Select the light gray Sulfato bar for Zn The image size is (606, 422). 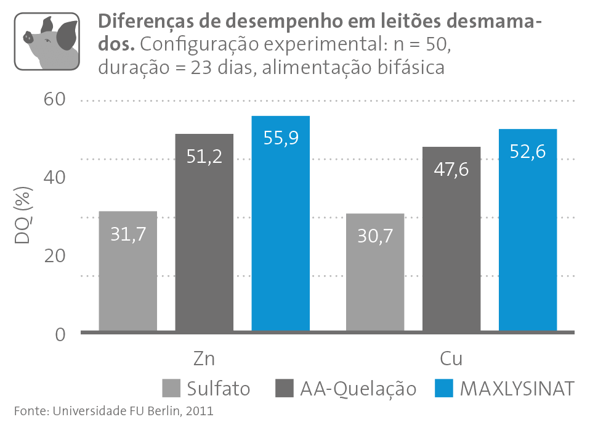(x=128, y=271)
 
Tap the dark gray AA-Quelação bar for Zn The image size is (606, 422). (x=204, y=234)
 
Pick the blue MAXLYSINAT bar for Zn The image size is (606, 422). (x=281, y=225)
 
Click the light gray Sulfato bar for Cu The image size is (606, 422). (x=374, y=275)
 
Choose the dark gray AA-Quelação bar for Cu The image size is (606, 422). (x=451, y=241)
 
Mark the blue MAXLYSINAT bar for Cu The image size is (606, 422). (x=528, y=231)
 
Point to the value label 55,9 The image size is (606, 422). (x=281, y=138)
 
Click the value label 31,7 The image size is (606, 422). (x=128, y=234)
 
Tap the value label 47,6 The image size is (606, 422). (x=451, y=168)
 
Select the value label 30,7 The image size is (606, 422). (x=374, y=236)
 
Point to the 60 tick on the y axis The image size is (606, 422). (x=54, y=100)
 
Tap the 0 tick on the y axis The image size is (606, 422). (x=60, y=334)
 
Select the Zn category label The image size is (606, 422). (x=204, y=360)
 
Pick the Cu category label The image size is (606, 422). (x=451, y=360)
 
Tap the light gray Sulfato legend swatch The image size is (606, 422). (x=172, y=389)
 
